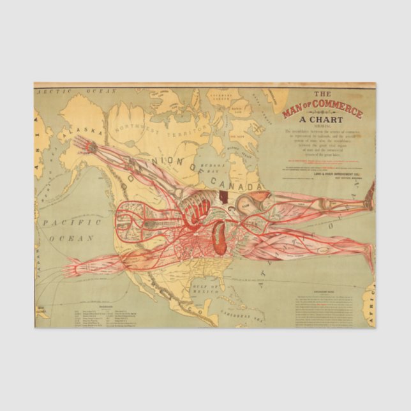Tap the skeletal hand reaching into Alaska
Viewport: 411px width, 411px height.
click(x=91, y=147)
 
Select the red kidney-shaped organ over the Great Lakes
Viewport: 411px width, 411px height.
click(x=219, y=237)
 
